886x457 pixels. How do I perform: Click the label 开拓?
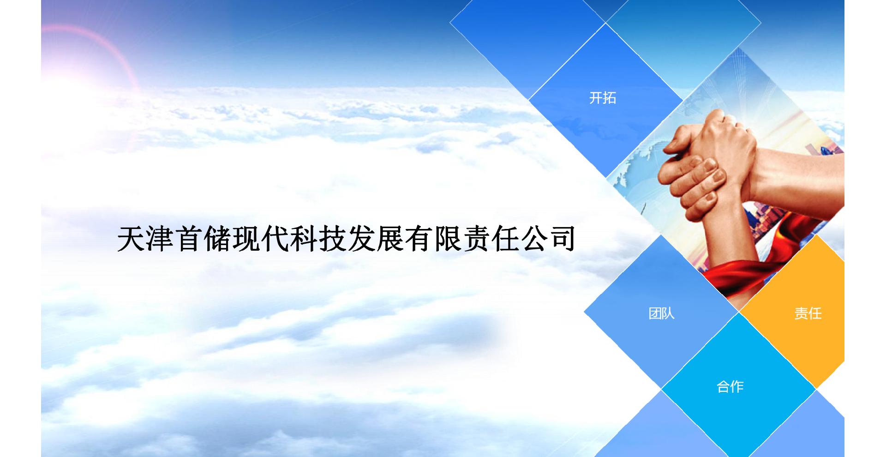[x=603, y=98]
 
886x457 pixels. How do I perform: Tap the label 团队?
[x=661, y=313]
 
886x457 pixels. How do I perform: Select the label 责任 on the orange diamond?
[x=808, y=313]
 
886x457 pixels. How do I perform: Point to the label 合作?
[x=730, y=386]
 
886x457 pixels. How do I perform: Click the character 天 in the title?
[x=132, y=239]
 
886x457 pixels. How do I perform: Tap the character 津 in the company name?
[x=160, y=239]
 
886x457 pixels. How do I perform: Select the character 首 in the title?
[x=189, y=239]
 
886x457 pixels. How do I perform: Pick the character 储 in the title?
[x=217, y=239]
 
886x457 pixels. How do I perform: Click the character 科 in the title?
[x=304, y=239]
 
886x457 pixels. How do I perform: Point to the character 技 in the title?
[x=333, y=239]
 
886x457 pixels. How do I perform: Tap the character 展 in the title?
[x=390, y=239]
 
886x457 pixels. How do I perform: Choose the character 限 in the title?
[x=448, y=239]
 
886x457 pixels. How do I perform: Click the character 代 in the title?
[x=275, y=239]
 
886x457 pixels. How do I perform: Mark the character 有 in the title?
[x=419, y=239]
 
